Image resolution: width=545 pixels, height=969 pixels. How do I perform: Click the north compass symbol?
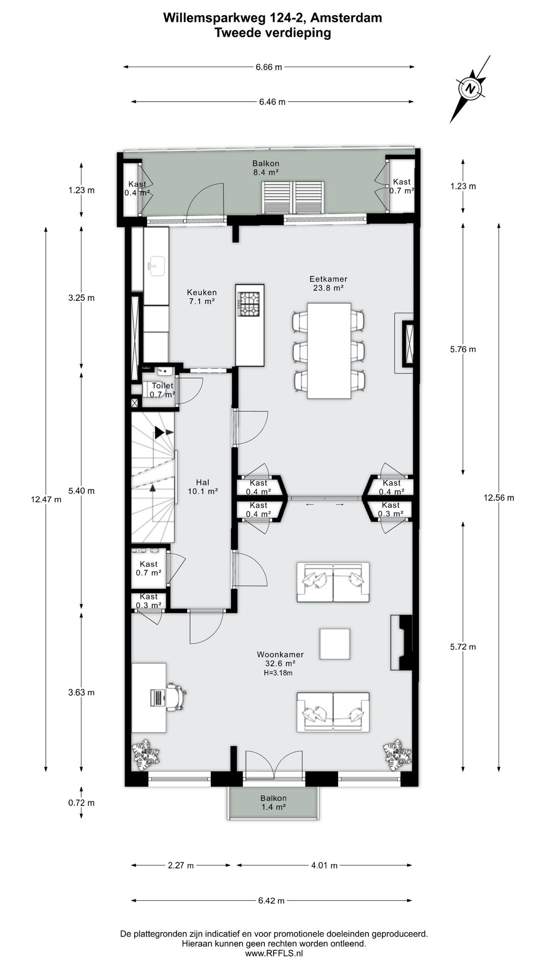[471, 89]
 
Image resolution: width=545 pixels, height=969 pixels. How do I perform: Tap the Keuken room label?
[202, 297]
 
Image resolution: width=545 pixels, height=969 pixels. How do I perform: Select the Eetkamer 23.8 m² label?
[328, 283]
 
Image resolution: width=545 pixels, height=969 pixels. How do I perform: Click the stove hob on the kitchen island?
[249, 304]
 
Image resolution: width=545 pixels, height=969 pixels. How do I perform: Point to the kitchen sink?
[156, 266]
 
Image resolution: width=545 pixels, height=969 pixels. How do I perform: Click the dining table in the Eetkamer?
[329, 350]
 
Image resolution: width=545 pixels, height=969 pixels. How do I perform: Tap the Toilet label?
[162, 386]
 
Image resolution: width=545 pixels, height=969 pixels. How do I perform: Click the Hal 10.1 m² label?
[202, 487]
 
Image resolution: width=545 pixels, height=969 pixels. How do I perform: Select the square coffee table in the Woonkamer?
[335, 643]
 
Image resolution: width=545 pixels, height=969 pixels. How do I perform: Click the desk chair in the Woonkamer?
[176, 697]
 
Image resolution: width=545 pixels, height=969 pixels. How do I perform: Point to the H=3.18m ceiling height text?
[278, 673]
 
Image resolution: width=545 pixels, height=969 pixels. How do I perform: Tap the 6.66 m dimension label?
[269, 67]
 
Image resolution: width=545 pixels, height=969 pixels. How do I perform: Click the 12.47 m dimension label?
[46, 499]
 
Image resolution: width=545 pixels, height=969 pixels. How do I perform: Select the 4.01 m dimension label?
[324, 865]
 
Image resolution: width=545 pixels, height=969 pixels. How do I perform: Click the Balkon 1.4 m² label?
[274, 802]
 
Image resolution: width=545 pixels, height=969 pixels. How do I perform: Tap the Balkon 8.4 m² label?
[266, 168]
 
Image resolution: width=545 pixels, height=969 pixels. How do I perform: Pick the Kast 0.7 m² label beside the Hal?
[148, 568]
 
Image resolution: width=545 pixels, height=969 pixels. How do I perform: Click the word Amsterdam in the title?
[346, 18]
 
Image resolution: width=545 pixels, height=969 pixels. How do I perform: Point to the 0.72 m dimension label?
[81, 802]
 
